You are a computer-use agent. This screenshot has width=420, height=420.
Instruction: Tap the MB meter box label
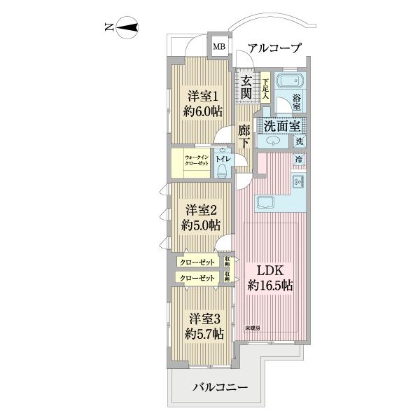coord(220,48)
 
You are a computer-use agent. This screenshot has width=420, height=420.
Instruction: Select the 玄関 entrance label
coord(246,87)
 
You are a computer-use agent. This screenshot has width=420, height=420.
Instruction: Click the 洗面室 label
coord(282,126)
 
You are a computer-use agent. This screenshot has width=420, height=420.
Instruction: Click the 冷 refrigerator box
coord(299,160)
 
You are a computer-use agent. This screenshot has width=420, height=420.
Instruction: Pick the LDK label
coord(269,270)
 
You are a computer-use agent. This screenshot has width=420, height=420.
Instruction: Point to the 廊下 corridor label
coord(244,136)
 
